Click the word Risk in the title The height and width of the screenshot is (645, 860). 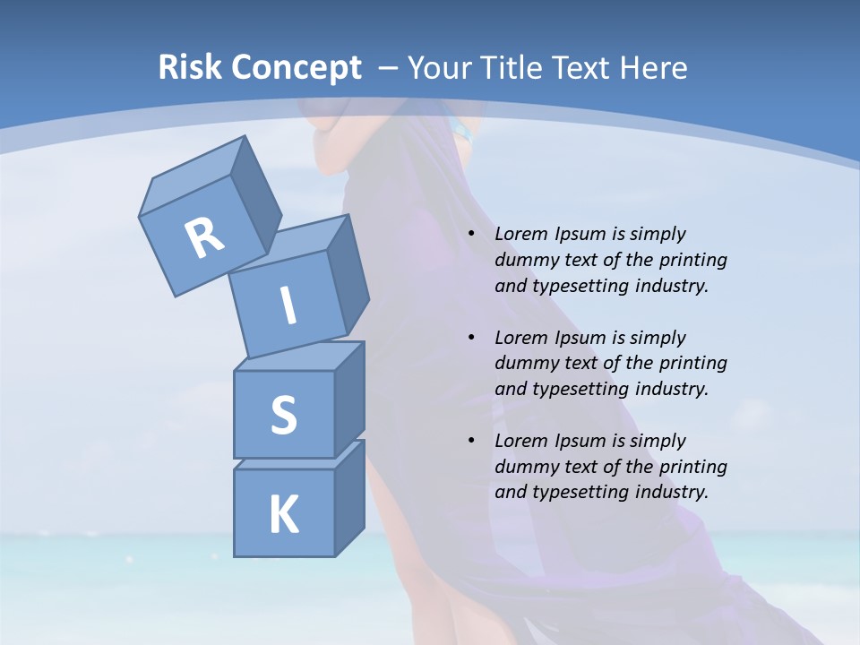191,67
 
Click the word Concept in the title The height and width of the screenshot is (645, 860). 297,68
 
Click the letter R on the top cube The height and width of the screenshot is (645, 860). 204,237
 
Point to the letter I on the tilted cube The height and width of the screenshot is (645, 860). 288,305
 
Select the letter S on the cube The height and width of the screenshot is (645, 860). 283,415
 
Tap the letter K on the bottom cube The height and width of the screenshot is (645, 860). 283,515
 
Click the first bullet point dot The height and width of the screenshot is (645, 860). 472,234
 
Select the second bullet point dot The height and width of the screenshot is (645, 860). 472,338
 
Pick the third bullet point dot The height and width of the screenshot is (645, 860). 472,441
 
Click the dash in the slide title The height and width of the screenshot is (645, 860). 389,67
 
